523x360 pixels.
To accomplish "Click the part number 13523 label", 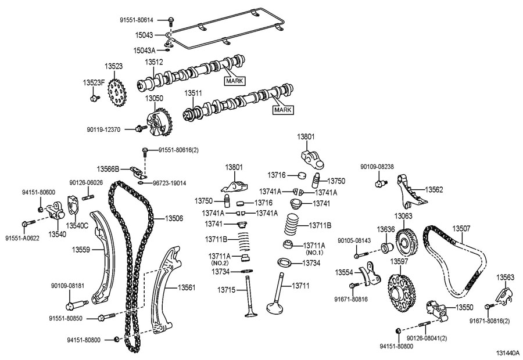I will (x=113, y=67).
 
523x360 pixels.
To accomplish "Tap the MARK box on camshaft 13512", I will (x=236, y=81).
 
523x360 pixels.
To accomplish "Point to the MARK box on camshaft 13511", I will (x=283, y=109).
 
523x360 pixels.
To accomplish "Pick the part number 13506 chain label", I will (x=174, y=218).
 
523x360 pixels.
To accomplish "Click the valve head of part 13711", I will (x=275, y=305).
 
